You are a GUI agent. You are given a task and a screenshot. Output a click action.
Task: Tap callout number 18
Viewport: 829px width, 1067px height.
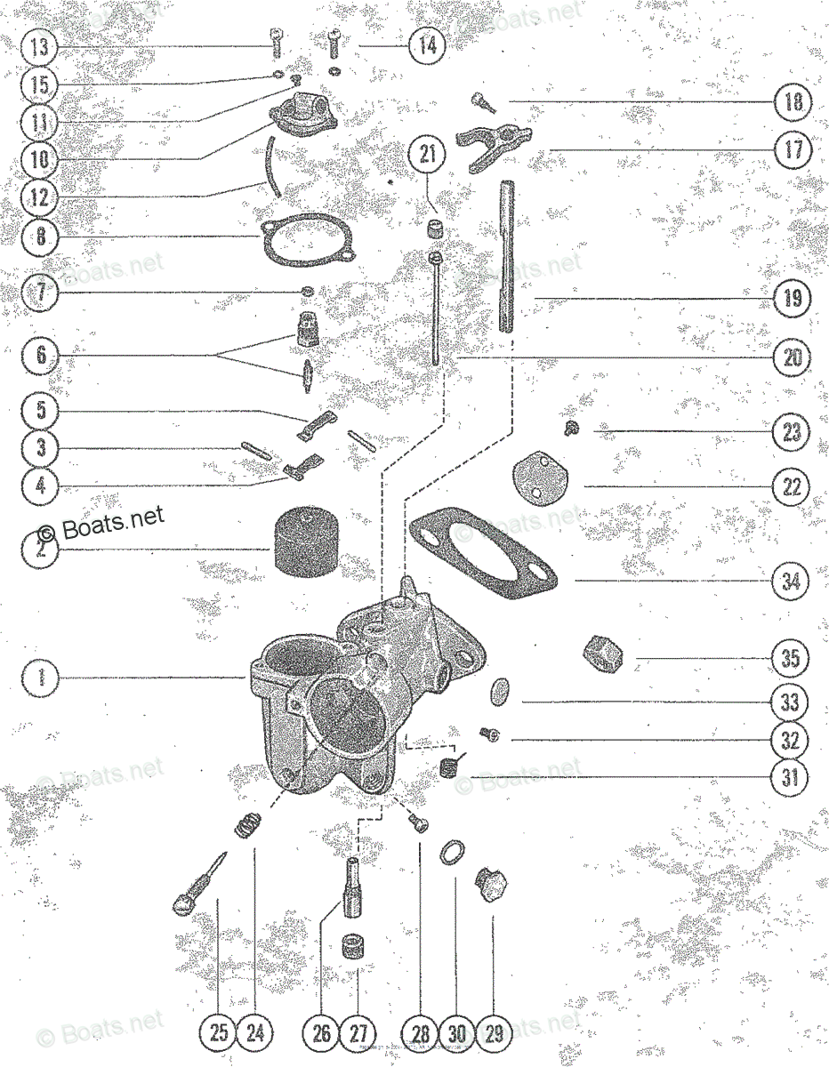(x=791, y=101)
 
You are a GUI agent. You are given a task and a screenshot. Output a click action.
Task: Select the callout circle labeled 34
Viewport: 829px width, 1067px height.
(x=791, y=582)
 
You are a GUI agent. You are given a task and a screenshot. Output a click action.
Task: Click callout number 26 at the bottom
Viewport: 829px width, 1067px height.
(x=322, y=1032)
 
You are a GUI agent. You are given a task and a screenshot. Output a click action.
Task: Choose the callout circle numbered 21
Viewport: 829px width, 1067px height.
(x=429, y=154)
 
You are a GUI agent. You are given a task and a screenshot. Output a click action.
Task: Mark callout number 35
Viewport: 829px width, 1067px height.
(x=791, y=659)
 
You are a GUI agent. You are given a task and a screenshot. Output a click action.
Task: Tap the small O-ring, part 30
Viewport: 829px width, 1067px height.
(x=453, y=854)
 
